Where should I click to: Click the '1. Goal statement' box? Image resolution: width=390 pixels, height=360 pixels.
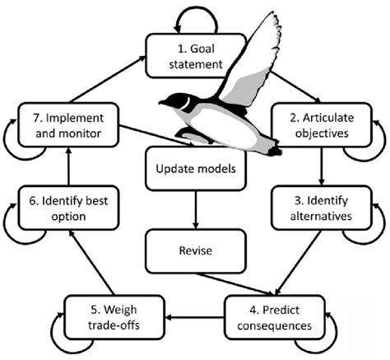195,53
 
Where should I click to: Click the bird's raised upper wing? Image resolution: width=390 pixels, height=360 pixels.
247,58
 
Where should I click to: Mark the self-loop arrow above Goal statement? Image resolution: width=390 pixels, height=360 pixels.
196,16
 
